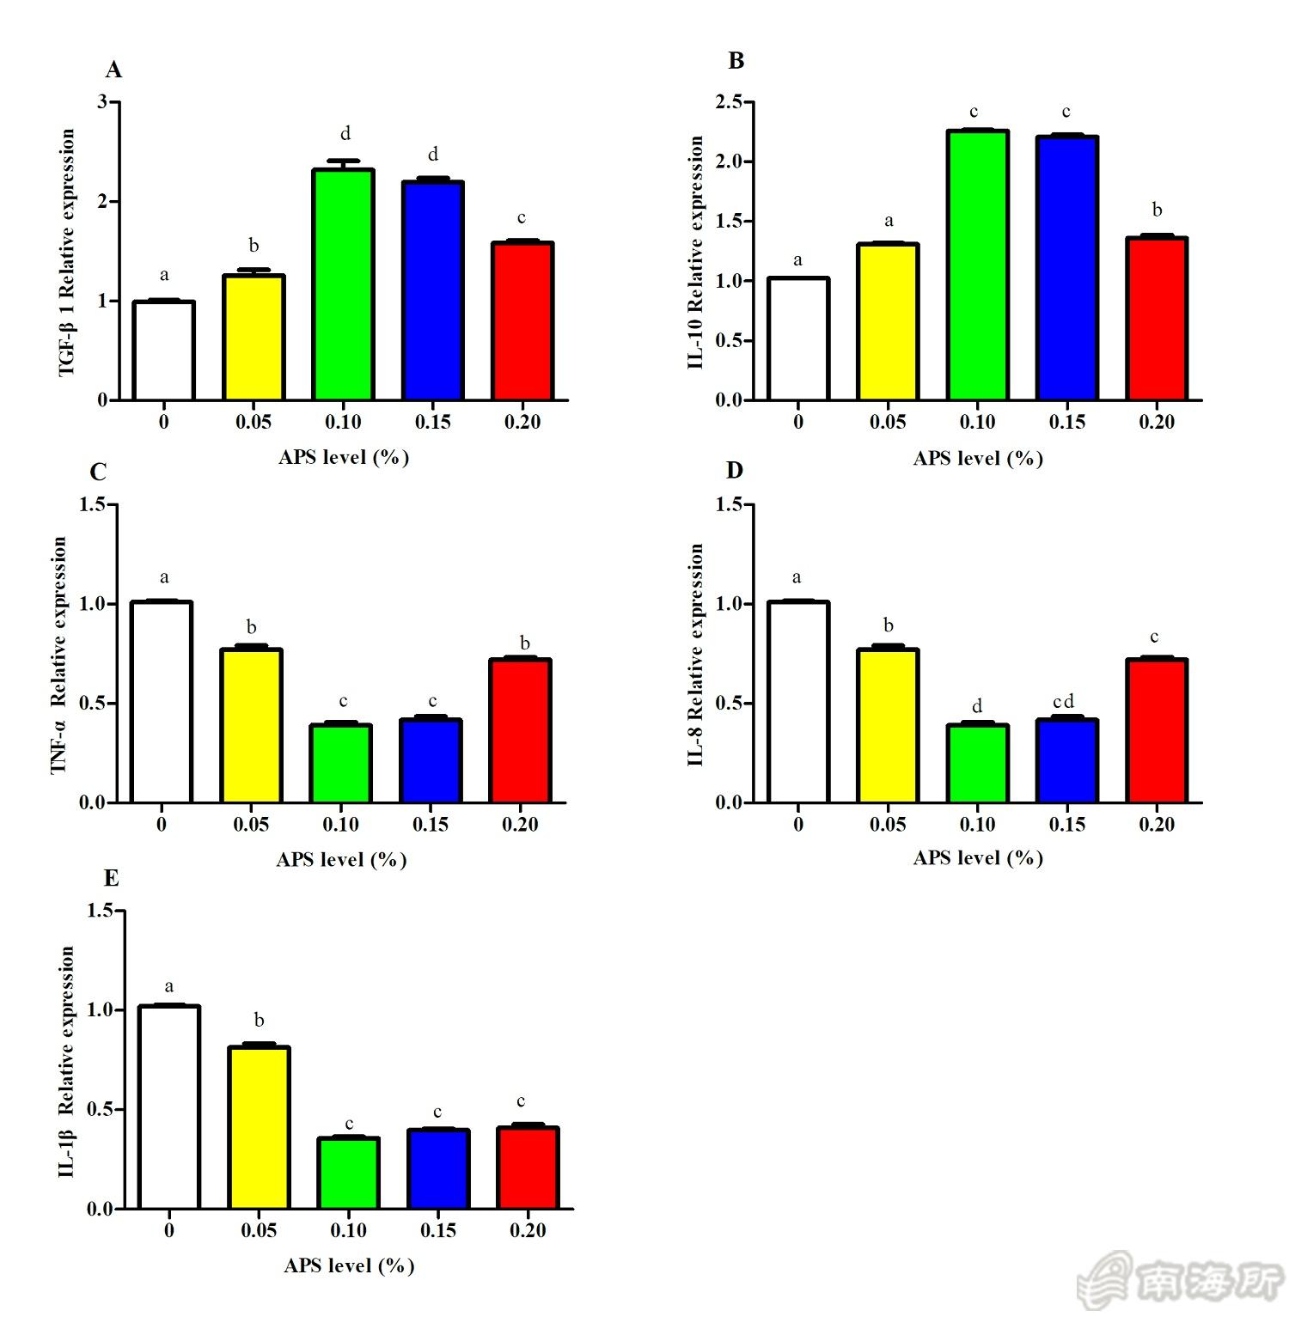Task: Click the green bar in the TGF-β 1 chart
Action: pos(343,285)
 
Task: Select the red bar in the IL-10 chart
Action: pos(1157,319)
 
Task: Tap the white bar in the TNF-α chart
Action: pos(162,703)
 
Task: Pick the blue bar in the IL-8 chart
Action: pos(1066,761)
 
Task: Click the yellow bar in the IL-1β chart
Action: pos(259,1127)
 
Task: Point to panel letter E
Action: pos(111,878)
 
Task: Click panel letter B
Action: pos(736,61)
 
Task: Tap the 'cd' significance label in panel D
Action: pos(1063,702)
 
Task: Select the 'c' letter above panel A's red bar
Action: pos(522,218)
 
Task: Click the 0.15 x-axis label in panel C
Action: pos(431,825)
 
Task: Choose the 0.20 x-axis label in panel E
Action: pos(528,1230)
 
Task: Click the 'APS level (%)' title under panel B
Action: pos(978,458)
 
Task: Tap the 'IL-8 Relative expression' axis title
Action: pos(695,655)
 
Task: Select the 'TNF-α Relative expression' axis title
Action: pos(58,655)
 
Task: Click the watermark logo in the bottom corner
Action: pos(1181,1282)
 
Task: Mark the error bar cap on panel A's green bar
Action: pos(343,161)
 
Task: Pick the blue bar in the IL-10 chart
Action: pos(1066,268)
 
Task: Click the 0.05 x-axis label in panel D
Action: pos(888,825)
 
